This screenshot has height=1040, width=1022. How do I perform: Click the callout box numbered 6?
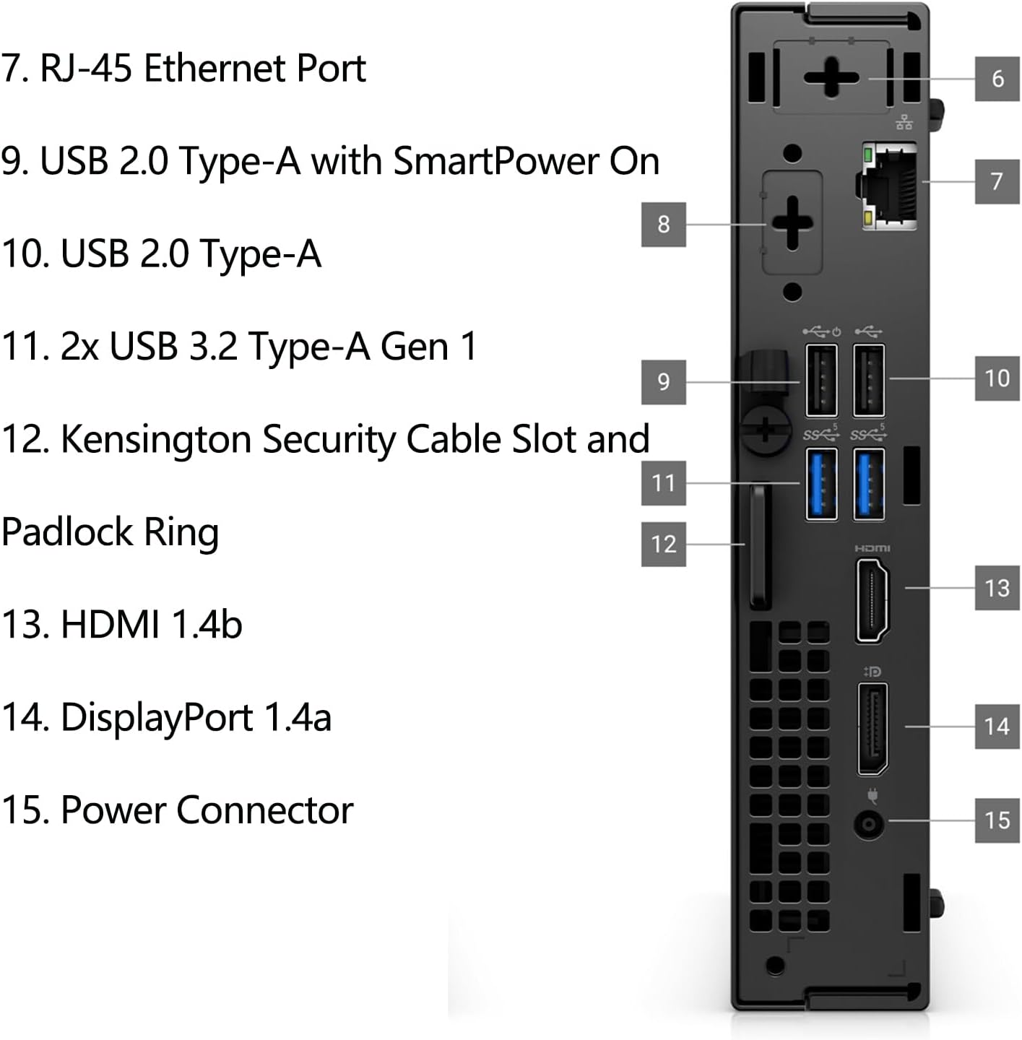pos(997,78)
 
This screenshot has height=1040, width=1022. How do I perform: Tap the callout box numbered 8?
pos(663,224)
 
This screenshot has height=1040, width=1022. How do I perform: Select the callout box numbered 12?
pos(663,543)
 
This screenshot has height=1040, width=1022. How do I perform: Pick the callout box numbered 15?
pos(997,820)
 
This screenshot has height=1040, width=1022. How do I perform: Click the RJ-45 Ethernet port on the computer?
pos(890,186)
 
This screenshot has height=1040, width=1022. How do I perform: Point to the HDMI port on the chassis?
pos(872,601)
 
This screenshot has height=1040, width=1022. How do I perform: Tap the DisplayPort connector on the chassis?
pos(872,728)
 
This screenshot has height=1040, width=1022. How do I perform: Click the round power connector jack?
pos(869,824)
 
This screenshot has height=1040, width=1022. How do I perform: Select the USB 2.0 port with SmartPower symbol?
pos(821,381)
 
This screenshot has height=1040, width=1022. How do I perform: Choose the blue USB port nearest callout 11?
pos(821,484)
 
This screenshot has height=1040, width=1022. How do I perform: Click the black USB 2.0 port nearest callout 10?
pos(869,381)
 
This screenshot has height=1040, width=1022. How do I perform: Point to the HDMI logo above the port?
pos(872,549)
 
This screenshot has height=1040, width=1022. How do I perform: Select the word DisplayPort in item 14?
pos(157,717)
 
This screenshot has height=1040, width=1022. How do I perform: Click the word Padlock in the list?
pos(67,532)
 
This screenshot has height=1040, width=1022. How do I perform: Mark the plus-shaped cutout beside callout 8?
pos(792,222)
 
